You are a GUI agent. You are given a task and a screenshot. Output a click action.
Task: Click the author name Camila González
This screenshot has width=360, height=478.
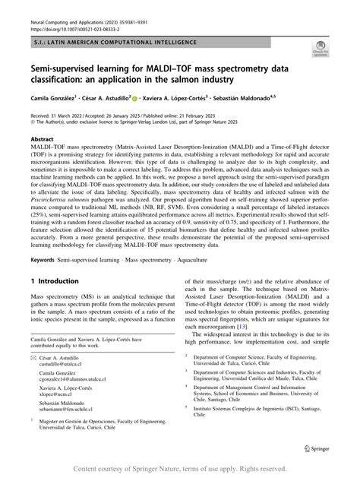click(51, 98)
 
